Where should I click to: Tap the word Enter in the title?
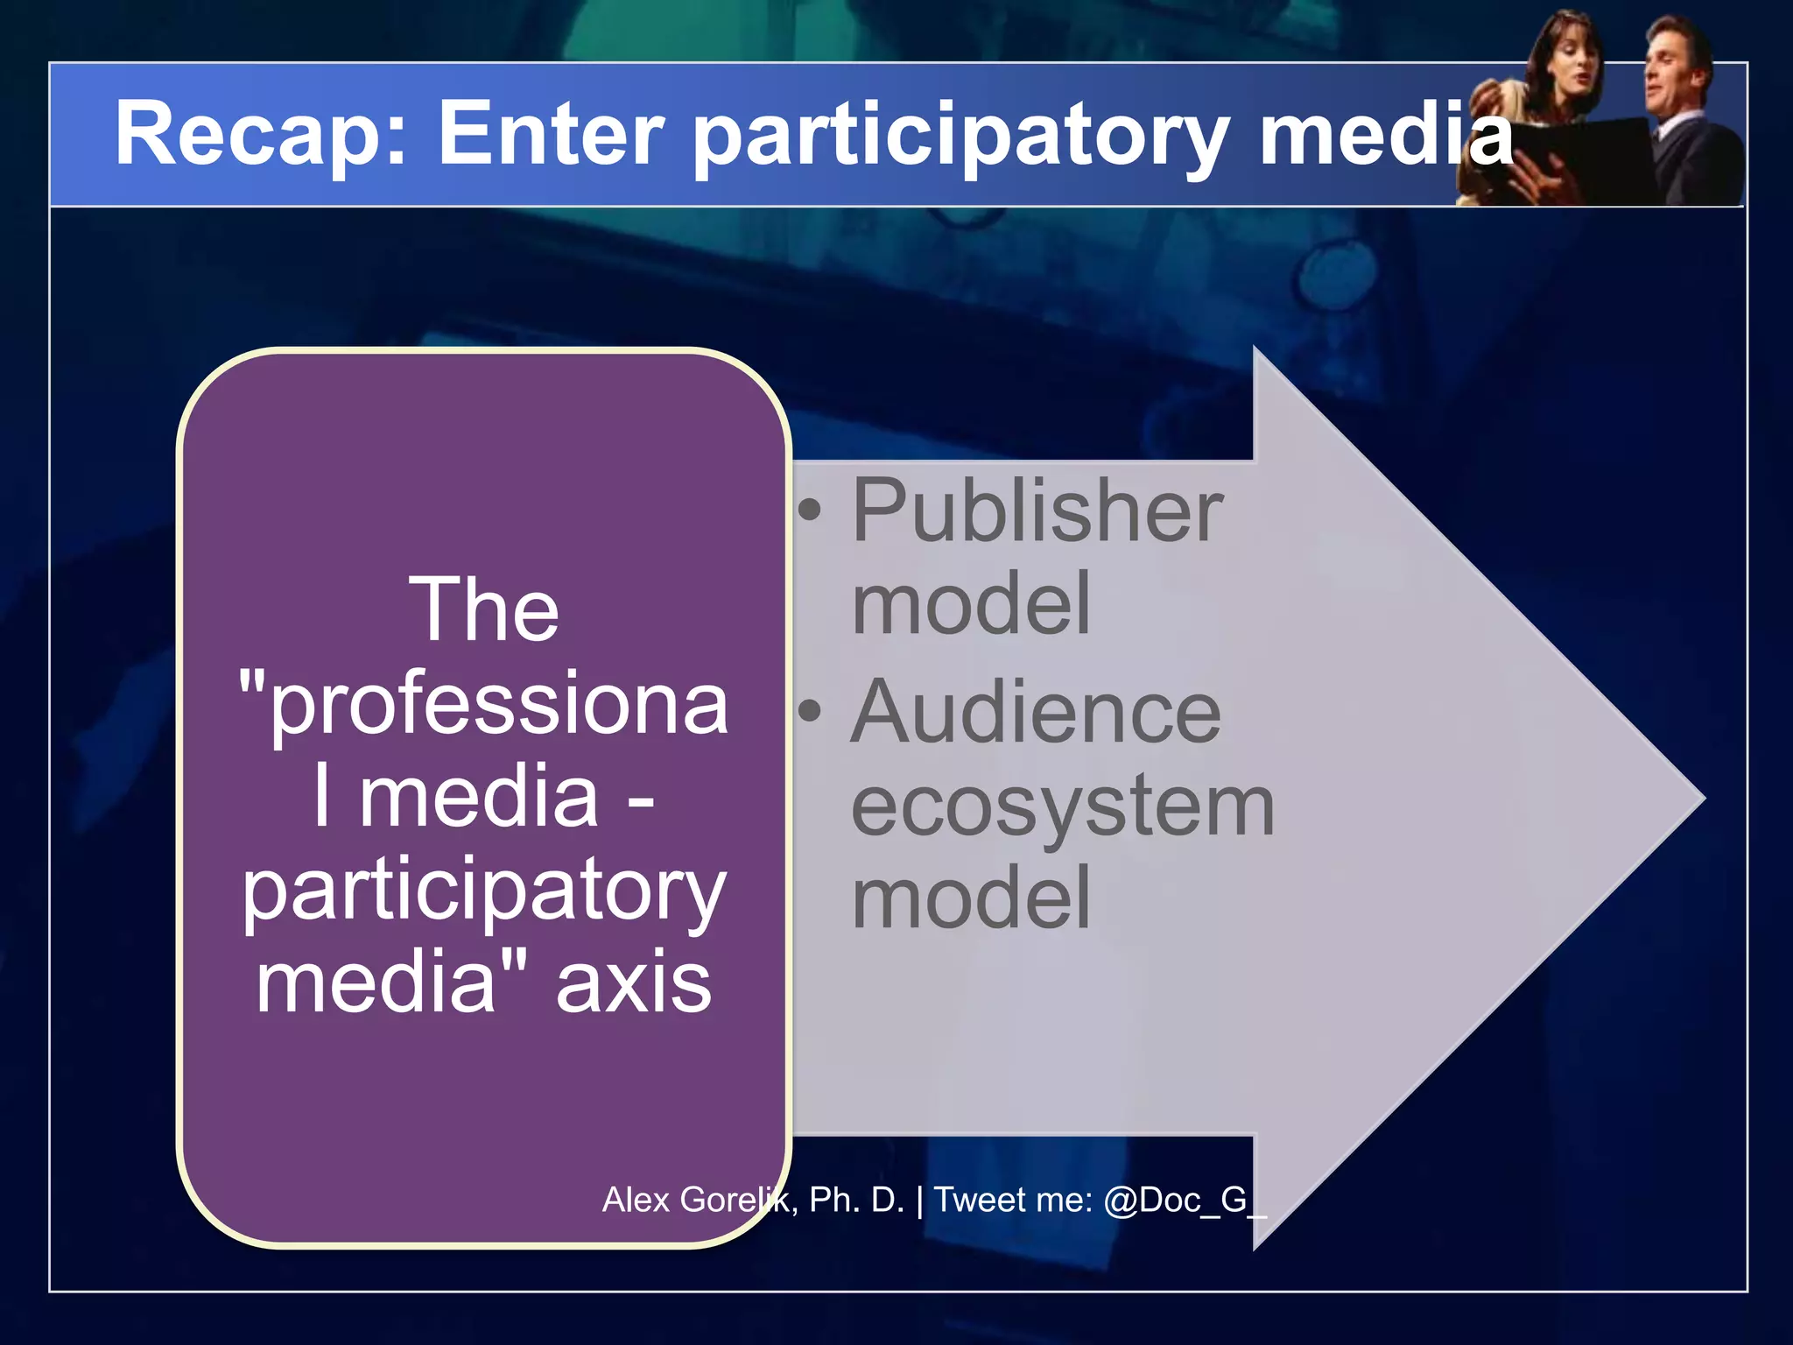[551, 133]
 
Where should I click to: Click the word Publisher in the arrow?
[1037, 511]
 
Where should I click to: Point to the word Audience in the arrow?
[1036, 713]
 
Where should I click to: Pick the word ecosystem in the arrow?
[1062, 807]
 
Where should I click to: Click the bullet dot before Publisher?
[811, 511]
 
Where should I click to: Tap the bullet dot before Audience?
[811, 712]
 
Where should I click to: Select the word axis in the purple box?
[634, 982]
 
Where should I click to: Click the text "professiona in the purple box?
[483, 703]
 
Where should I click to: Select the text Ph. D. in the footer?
[855, 1201]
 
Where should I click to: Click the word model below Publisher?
[971, 604]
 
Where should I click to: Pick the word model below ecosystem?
[971, 898]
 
